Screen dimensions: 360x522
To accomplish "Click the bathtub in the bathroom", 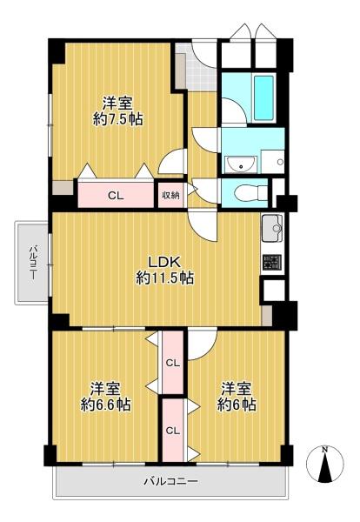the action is pos(263,97).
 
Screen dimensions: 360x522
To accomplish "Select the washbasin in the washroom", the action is pos(241,164).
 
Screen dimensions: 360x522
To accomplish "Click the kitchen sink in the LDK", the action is pos(272,228).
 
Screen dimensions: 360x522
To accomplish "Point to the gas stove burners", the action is pos(272,263).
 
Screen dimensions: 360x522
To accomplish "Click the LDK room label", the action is pos(164,263).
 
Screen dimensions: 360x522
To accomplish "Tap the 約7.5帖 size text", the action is pos(118,119).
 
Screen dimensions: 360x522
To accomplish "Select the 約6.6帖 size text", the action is pos(106,405).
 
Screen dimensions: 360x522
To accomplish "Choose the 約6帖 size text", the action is pos(237,405).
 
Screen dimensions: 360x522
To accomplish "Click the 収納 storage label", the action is pos(170,196).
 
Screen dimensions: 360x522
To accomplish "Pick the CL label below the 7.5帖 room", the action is pos(116,196).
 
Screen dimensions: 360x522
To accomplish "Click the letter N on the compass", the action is pos(324,450).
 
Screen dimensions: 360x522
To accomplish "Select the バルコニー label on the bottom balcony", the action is pos(171,481).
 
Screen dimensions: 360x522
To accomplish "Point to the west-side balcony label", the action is pos(33,264).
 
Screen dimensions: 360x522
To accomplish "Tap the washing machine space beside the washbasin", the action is pos(272,162).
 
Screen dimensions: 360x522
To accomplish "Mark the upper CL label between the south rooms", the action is pos(173,363).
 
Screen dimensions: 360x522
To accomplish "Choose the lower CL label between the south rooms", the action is pos(173,431).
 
